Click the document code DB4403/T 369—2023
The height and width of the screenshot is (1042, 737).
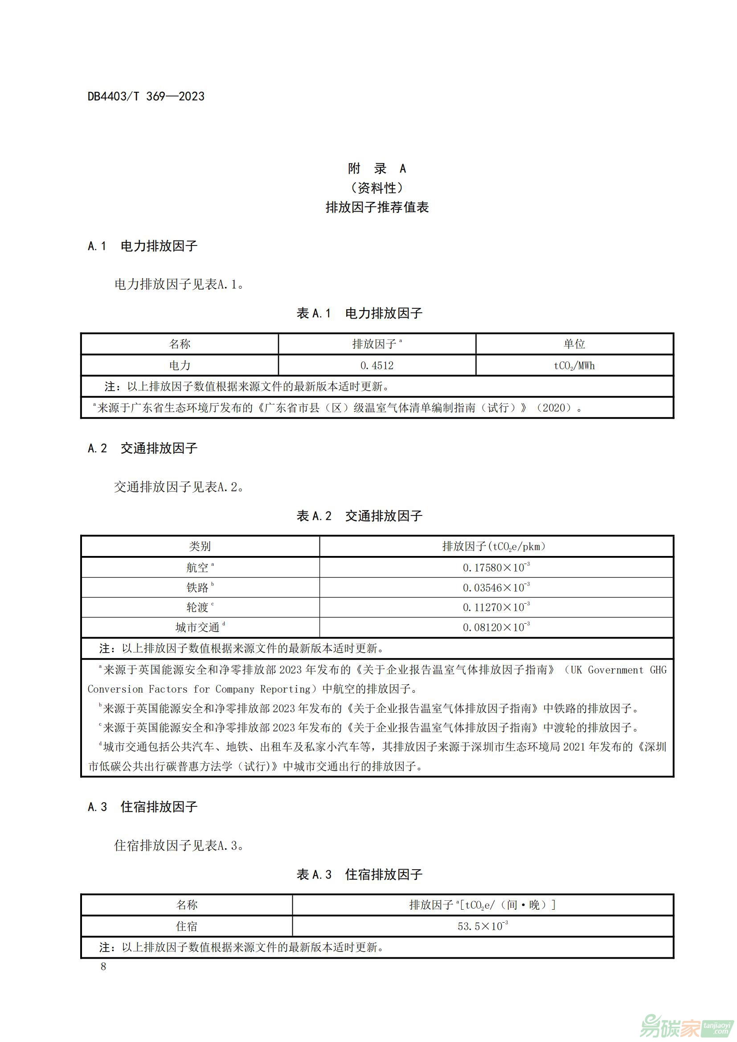coord(146,96)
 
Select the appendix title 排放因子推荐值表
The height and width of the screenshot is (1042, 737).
coord(377,208)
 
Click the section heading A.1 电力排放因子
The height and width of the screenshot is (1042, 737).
coord(143,246)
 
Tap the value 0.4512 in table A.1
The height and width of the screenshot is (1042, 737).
coord(377,365)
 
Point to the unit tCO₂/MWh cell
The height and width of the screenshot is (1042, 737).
coord(574,366)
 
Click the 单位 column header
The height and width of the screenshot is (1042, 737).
coord(574,344)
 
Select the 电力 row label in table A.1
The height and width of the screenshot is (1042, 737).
coord(180,365)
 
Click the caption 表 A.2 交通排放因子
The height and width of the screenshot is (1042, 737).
coord(360,515)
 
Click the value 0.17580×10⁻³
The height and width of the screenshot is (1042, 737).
coord(496,567)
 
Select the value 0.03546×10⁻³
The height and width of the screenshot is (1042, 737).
coord(496,588)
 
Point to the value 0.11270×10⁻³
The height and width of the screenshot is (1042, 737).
coord(496,607)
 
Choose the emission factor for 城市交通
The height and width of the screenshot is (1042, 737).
coord(496,627)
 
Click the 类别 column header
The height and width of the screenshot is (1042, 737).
coord(200,547)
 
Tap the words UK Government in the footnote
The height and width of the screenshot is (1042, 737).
coord(607,670)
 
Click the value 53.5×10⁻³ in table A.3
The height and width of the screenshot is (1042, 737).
coord(483,926)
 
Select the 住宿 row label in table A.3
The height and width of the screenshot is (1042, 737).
coord(187,926)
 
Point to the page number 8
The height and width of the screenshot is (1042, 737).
coord(103,966)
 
